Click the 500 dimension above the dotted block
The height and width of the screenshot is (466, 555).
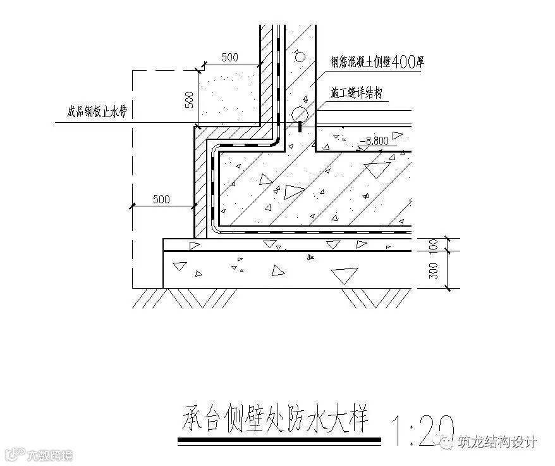(x=229, y=57)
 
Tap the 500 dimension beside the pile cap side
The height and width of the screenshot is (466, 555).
(x=161, y=199)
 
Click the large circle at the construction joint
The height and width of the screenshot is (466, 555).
(x=300, y=113)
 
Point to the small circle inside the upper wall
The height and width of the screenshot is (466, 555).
(x=300, y=56)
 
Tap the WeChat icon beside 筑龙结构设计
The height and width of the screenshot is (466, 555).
(x=446, y=442)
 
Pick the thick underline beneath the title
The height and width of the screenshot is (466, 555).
(x=279, y=439)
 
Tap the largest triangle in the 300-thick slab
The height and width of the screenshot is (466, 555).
(x=344, y=274)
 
